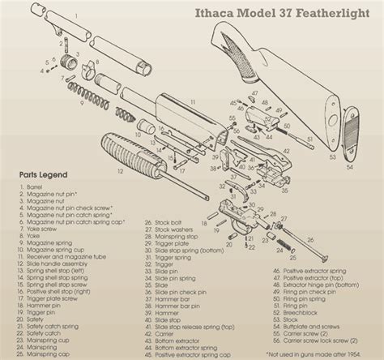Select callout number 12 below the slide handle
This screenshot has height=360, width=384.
click(x=119, y=172)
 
